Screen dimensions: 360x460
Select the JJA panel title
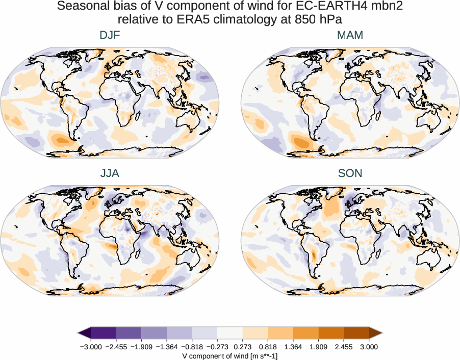[110, 173]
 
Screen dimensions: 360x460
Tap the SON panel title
[350, 173]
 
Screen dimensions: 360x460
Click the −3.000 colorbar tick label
[91, 347]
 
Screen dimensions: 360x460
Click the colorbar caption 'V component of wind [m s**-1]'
[230, 356]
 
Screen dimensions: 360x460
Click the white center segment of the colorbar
[230, 333]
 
